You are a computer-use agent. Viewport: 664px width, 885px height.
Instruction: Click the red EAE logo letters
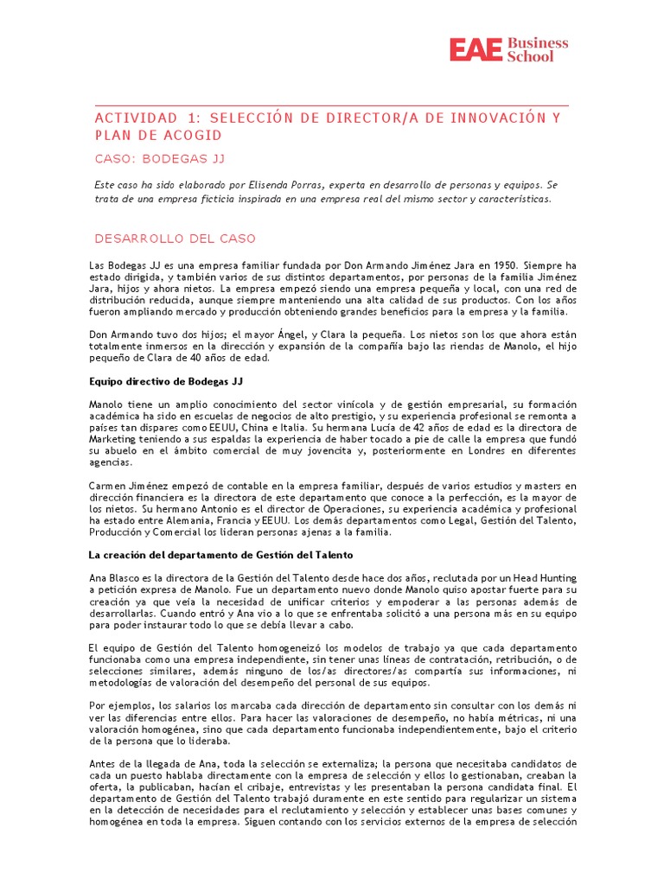(476, 49)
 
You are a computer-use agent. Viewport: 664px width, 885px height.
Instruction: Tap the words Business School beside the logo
(538, 48)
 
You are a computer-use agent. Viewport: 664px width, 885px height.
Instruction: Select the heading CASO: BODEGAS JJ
(160, 158)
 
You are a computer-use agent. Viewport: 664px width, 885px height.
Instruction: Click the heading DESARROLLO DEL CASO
(175, 239)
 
